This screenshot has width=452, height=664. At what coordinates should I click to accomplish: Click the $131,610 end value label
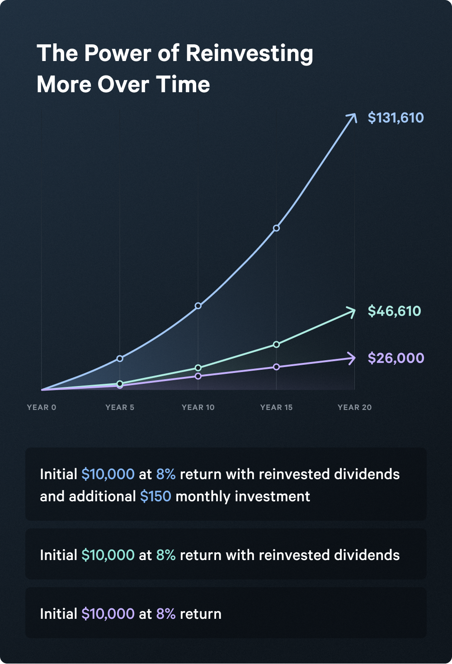pos(395,118)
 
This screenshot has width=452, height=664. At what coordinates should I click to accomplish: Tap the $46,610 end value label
pos(394,311)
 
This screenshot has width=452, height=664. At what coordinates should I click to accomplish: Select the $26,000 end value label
pos(396,358)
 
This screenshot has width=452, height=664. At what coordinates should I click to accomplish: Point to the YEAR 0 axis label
pos(42,407)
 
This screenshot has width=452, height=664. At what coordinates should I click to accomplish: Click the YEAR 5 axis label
pos(120,407)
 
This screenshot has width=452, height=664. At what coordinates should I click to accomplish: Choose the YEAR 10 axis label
pos(198,407)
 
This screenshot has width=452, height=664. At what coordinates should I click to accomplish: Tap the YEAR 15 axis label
pos(276,407)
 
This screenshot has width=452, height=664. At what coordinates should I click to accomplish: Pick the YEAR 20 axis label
pos(354,407)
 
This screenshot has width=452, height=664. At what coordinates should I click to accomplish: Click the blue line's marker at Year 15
pos(276,228)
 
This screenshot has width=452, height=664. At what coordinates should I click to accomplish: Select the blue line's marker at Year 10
pos(198,306)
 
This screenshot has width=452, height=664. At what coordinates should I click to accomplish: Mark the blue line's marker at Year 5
pos(120,358)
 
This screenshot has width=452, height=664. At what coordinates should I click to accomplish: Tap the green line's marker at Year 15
pos(276,344)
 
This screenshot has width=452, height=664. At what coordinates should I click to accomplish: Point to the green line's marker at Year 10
pos(198,368)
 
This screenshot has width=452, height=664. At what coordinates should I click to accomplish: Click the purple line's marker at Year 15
pos(276,367)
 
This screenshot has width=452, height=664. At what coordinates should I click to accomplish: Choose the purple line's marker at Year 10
pos(198,376)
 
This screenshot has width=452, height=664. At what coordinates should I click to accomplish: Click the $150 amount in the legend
pos(155,497)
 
